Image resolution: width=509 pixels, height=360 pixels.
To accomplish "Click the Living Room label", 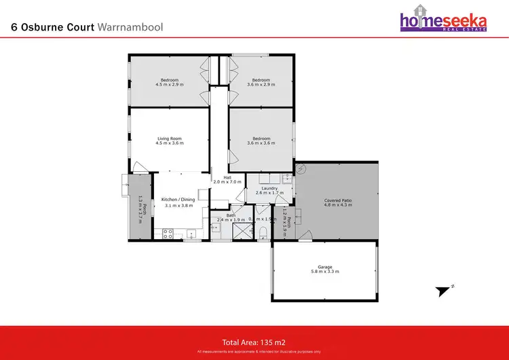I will tap(169, 138).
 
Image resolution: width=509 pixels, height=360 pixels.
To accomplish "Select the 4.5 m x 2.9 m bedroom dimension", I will tap(169, 85).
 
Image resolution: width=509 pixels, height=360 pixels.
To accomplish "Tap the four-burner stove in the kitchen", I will tap(168, 234).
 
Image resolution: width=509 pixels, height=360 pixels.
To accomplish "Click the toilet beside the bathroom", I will tap(263, 234).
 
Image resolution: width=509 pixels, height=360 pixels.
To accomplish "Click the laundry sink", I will tap(287, 179).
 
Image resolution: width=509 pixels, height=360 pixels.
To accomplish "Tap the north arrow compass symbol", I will tap(443, 290).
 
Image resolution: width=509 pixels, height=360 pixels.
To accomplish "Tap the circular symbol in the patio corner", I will tap(301, 168).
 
